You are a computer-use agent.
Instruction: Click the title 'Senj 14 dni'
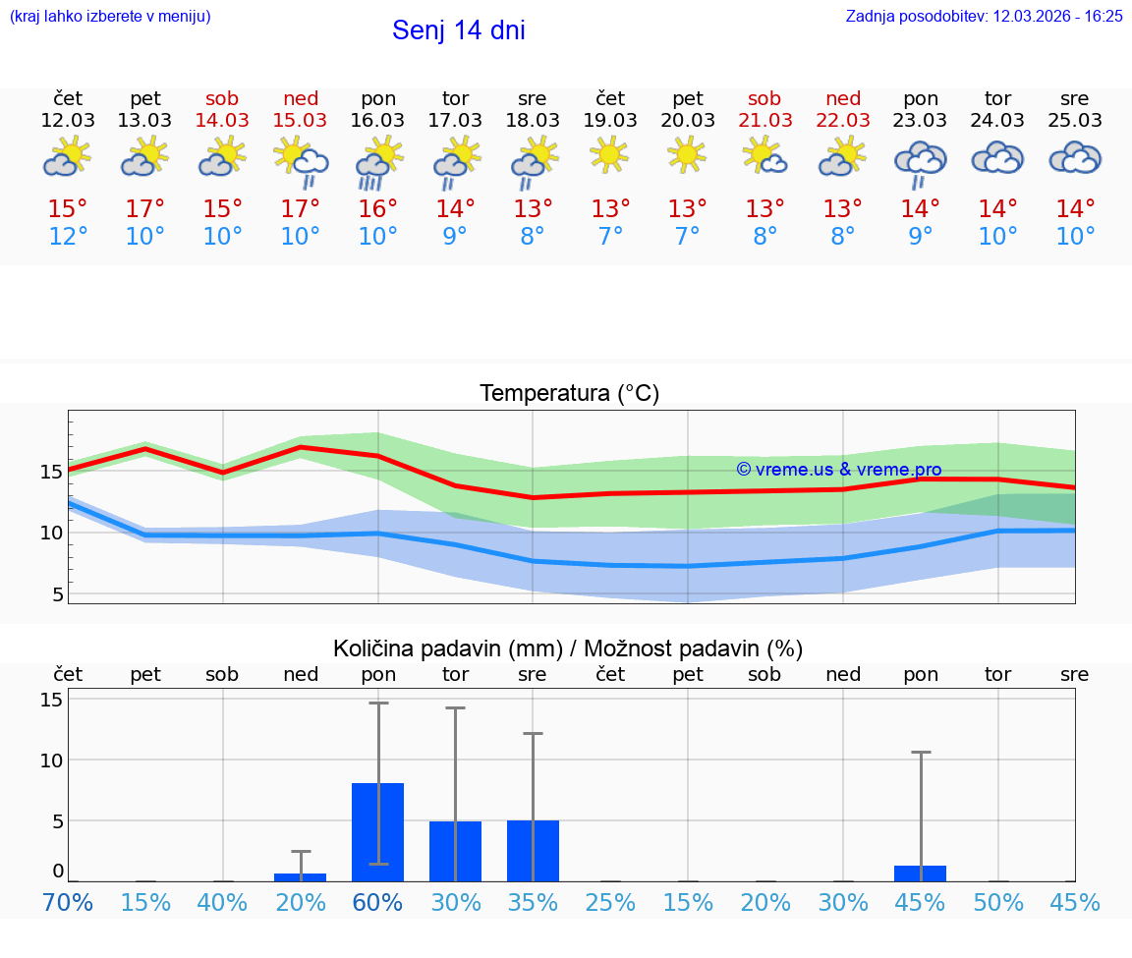click(x=458, y=30)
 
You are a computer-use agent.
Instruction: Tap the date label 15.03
click(x=301, y=120)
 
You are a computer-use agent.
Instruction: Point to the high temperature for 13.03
click(x=144, y=209)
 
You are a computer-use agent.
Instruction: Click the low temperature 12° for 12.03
click(x=68, y=236)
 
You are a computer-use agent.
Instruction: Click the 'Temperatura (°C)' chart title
click(x=569, y=394)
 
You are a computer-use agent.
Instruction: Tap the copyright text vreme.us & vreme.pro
click(x=838, y=470)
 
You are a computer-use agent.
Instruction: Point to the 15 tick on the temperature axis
click(x=50, y=472)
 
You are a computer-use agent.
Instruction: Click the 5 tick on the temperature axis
click(x=56, y=594)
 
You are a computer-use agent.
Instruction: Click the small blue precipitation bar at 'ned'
click(x=301, y=876)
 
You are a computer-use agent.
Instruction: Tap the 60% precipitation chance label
click(x=378, y=902)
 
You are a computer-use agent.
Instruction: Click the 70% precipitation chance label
click(x=68, y=902)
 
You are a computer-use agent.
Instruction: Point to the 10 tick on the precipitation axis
click(x=51, y=760)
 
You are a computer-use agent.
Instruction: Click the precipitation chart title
click(x=568, y=648)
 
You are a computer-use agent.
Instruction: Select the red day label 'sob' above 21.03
click(x=764, y=98)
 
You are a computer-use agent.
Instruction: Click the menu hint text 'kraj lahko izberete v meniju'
click(x=110, y=16)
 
